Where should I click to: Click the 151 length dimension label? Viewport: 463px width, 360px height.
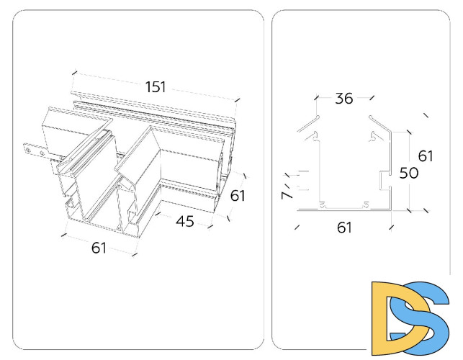pos(156,87)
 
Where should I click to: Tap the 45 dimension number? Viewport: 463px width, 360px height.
pos(185,221)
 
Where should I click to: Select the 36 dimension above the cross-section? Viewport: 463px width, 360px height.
pos(344,99)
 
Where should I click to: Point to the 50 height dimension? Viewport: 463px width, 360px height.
pos(409,173)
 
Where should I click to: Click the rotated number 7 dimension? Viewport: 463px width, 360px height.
pos(287,195)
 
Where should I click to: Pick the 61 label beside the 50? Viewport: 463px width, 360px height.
pos(426,156)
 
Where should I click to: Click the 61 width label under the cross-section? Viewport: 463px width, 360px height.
pos(344,228)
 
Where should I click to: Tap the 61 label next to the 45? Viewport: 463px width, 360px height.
pos(238,196)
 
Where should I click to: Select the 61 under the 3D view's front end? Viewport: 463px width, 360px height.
pos(99,248)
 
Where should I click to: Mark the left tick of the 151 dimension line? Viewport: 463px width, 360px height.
pos(74,73)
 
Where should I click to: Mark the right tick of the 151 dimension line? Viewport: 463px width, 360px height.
pos(238,100)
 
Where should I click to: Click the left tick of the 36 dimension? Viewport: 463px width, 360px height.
pos(317,97)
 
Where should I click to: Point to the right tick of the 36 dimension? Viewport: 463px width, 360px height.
pos(372,97)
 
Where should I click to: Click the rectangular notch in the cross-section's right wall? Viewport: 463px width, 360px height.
pos(385,181)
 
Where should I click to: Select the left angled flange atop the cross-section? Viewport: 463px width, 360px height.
pos(308,124)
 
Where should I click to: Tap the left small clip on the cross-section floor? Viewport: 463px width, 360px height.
pos(323,204)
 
